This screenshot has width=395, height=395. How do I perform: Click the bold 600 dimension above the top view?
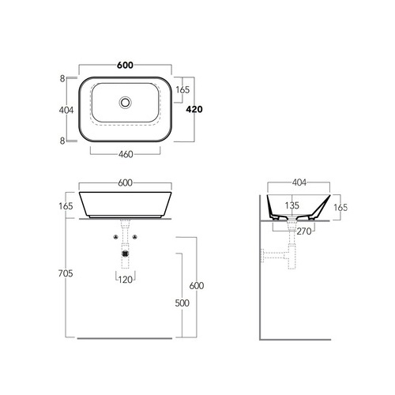pos(125,65)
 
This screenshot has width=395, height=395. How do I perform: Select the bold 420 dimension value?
pos(194,109)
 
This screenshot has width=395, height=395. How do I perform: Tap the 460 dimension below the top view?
pos(126,154)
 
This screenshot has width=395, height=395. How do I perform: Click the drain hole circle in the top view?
pos(125,103)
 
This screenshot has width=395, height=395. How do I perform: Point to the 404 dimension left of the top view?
pos(66,110)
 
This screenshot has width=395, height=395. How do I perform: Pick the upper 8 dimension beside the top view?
pos(62,78)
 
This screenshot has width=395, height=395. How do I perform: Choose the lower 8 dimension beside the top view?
pos(62,141)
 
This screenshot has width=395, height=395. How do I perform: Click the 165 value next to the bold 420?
pos(182,90)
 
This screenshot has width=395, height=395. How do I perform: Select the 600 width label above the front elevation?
pos(125,182)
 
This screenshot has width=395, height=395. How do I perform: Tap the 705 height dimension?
pos(66,273)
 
